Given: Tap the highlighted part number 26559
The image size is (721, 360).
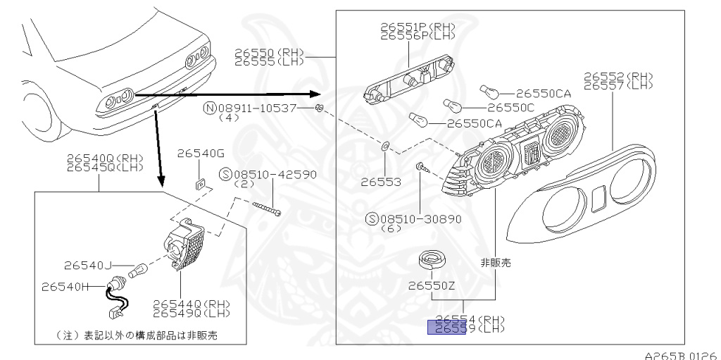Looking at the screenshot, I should [x=447, y=328].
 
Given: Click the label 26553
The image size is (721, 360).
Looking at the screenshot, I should [x=381, y=182].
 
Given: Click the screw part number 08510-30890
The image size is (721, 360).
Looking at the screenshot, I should [x=420, y=219].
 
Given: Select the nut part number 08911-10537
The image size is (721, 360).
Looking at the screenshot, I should [x=257, y=108].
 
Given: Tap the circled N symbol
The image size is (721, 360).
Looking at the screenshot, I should [x=209, y=108].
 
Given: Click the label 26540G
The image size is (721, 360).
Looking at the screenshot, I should [x=200, y=153].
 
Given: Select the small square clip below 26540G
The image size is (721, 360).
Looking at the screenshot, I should [x=199, y=184].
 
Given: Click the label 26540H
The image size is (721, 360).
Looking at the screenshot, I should [x=65, y=287].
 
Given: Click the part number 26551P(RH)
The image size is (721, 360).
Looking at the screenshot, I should [x=418, y=27].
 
